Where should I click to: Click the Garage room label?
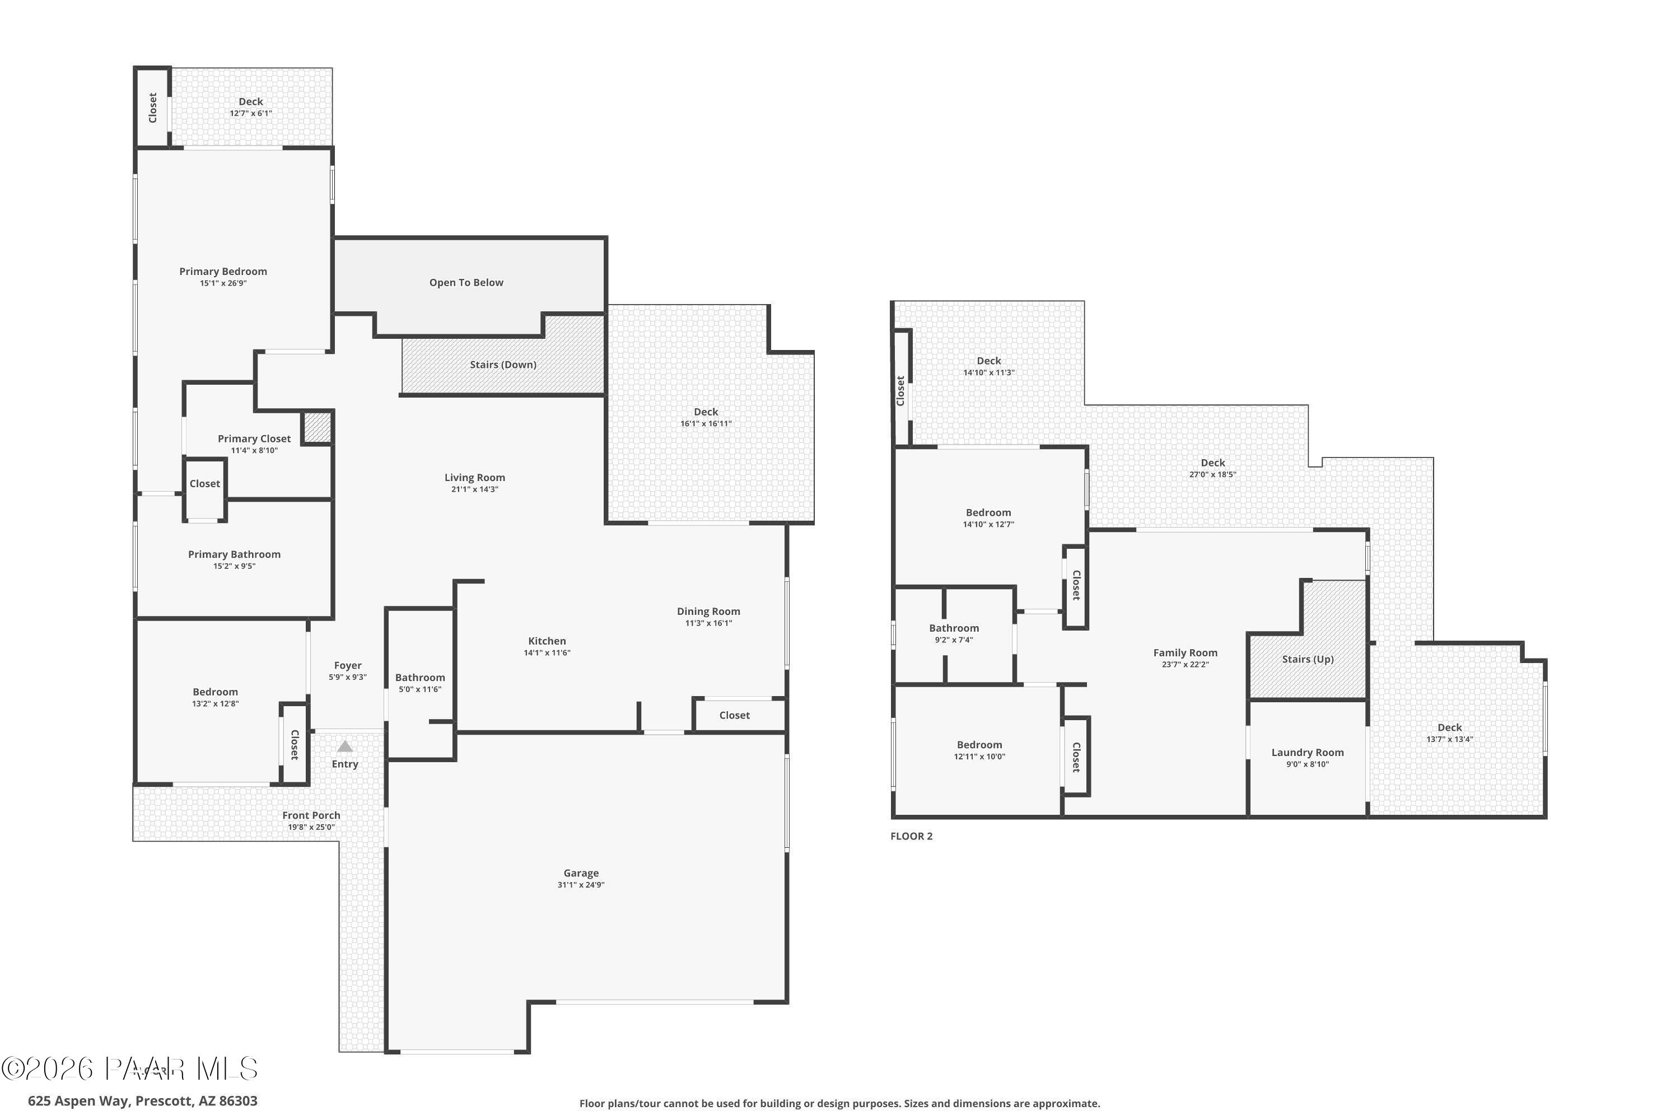(581, 873)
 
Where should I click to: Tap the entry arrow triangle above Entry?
(345, 746)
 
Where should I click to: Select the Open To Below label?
(466, 283)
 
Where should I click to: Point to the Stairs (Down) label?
(503, 365)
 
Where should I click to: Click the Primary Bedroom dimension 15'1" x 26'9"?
(223, 283)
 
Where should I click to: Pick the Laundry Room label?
(1307, 752)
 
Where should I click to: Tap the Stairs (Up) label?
(1307, 659)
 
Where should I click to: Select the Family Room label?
(1185, 653)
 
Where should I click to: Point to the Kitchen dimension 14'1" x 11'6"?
(547, 653)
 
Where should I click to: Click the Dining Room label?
(708, 612)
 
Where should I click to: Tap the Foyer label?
(348, 666)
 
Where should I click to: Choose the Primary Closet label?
(254, 438)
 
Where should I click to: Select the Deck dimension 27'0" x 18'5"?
(1212, 474)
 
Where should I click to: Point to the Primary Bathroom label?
(234, 554)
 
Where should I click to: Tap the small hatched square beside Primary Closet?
(317, 427)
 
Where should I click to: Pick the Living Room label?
(474, 478)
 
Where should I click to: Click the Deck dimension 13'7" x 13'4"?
(1449, 739)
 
